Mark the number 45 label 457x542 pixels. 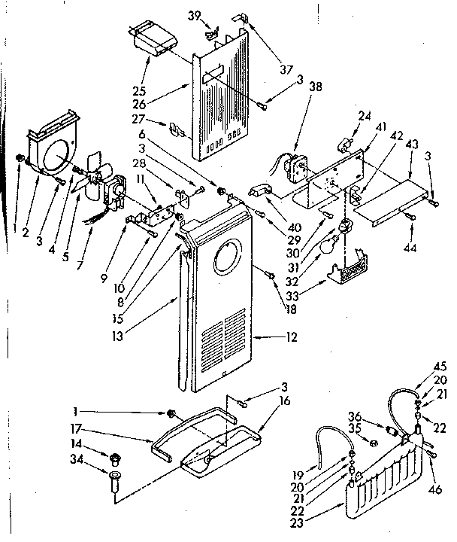440,367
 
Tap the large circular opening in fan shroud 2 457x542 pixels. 55,156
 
